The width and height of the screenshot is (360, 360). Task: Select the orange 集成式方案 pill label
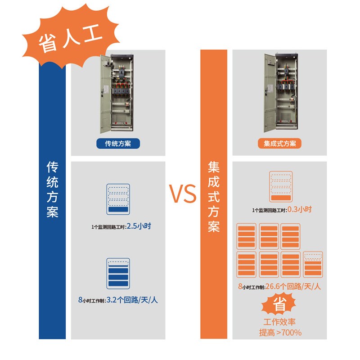point(280,144)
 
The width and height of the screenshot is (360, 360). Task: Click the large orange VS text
point(183,193)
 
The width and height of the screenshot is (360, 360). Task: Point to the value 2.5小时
point(139,226)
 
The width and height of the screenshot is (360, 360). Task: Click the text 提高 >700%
point(280,333)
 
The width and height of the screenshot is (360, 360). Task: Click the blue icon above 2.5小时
point(118,198)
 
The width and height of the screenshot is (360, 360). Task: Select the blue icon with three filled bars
point(118,274)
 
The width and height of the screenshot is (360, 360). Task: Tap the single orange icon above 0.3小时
point(280,186)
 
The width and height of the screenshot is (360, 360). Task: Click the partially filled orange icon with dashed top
point(313,264)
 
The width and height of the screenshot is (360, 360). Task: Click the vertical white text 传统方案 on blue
point(53,189)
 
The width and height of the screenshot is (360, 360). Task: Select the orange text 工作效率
point(280,322)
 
